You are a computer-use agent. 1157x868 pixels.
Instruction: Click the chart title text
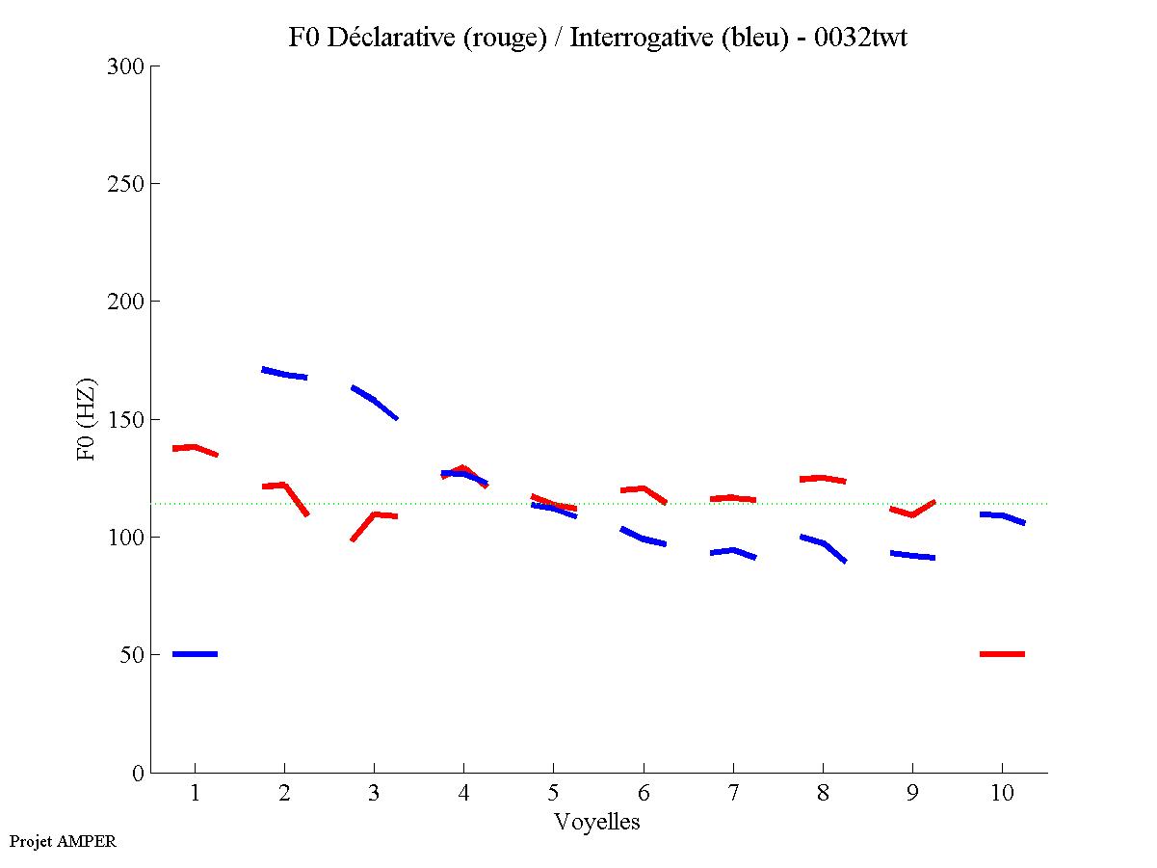[x=597, y=38]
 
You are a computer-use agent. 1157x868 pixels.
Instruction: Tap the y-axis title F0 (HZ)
[x=87, y=419]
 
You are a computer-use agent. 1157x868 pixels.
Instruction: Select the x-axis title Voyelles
[x=597, y=822]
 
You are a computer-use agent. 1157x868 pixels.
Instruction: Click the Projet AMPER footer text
[x=63, y=841]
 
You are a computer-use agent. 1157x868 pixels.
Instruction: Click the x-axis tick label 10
[x=1002, y=793]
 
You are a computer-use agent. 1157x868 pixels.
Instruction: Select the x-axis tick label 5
[x=553, y=793]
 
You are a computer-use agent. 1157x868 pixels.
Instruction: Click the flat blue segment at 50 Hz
[x=195, y=654]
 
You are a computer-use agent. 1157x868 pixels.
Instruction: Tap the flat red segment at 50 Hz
[x=1002, y=654]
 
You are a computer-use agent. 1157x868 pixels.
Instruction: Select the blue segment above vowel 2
[x=284, y=374]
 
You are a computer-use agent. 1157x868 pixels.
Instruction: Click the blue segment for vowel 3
[x=374, y=401]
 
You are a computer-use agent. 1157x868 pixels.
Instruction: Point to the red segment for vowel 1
[x=195, y=448]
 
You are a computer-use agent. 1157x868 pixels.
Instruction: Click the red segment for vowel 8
[x=821, y=478]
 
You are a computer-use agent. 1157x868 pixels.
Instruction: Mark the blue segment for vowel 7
[x=733, y=552]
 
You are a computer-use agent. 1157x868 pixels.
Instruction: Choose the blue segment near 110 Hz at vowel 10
[x=1002, y=516]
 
